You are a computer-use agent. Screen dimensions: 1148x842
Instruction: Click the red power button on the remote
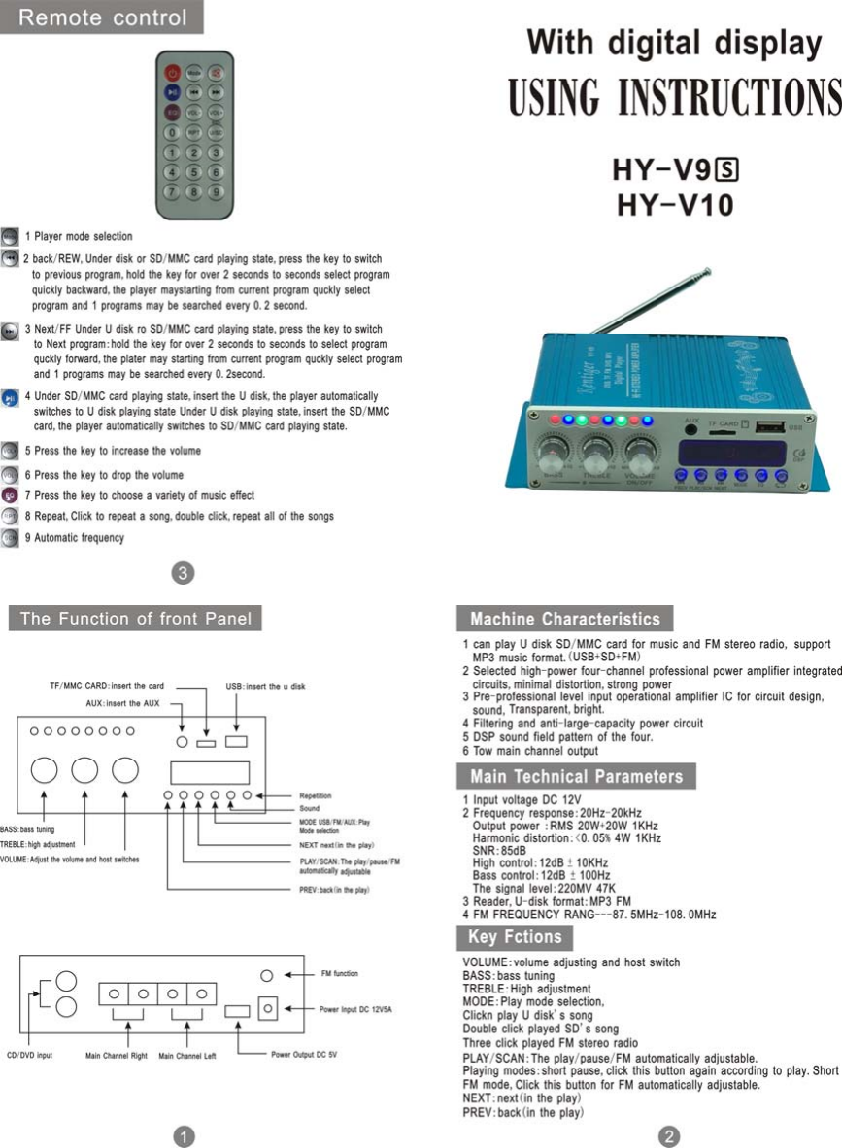coord(173,72)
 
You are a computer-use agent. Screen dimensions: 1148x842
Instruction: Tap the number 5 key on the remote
coord(194,171)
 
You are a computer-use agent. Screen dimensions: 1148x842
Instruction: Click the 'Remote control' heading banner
coord(102,17)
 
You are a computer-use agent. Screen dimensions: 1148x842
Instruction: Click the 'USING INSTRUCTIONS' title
coord(674,98)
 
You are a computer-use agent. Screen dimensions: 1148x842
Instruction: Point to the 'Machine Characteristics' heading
coord(564,619)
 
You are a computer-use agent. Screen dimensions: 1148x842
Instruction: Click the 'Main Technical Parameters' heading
coord(576,776)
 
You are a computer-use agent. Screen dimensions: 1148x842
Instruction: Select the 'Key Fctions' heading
coord(514,937)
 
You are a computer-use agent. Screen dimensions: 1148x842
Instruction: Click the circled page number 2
coord(668,1133)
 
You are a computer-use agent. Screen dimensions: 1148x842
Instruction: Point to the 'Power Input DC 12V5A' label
coord(355,1009)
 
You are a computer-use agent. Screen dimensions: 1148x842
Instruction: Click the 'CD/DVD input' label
coord(30,1054)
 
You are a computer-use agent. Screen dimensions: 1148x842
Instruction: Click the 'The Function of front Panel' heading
coord(135,619)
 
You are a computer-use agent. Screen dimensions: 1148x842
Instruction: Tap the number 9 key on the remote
coord(216,190)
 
